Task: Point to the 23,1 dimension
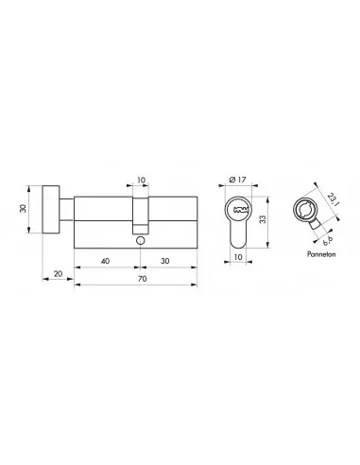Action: (334, 201)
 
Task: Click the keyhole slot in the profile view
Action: (238, 206)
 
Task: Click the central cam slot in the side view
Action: (140, 219)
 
